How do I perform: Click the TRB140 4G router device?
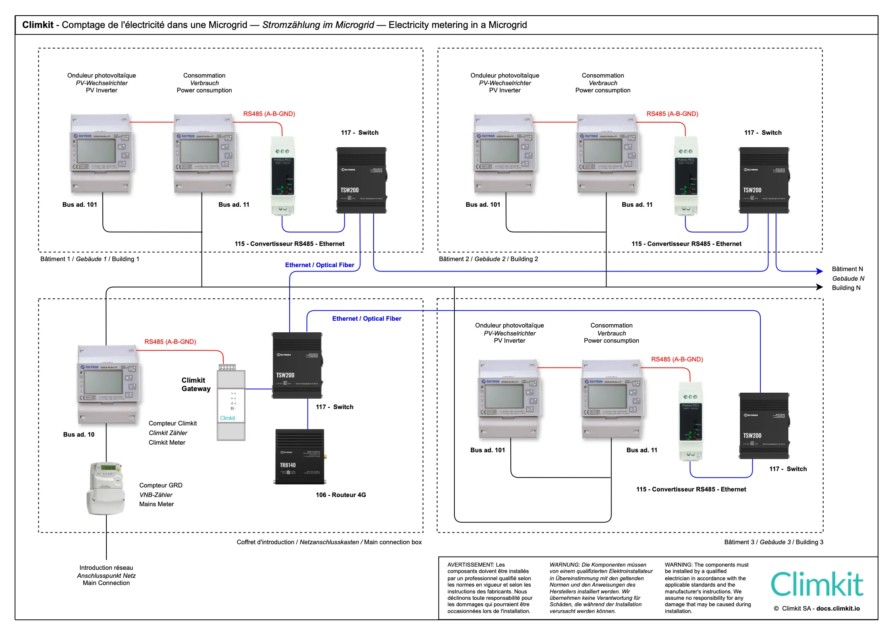pyautogui.click(x=300, y=457)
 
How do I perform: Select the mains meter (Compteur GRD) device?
pyautogui.click(x=106, y=488)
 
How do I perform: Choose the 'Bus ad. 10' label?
pyautogui.click(x=79, y=435)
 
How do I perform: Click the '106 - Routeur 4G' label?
pyautogui.click(x=341, y=495)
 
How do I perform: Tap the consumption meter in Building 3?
pyautogui.click(x=612, y=399)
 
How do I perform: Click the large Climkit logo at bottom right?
pyautogui.click(x=817, y=584)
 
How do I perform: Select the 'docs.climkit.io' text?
pyautogui.click(x=838, y=609)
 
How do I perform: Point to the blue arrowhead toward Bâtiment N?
pyautogui.click(x=820, y=272)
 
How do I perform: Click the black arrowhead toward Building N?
pyautogui.click(x=820, y=287)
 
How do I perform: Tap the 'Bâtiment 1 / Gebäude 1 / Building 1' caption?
pyautogui.click(x=90, y=259)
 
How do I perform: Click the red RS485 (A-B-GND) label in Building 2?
pyautogui.click(x=672, y=114)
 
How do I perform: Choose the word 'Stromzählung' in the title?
pyautogui.click(x=292, y=25)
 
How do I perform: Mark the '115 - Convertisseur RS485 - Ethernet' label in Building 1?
pyautogui.click(x=290, y=244)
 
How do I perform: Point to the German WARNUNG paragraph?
pyautogui.click(x=601, y=588)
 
